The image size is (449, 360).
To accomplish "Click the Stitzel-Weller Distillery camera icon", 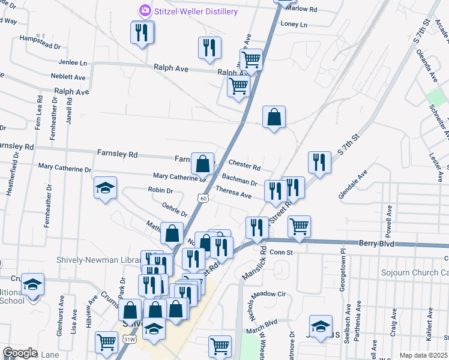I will (x=145, y=11).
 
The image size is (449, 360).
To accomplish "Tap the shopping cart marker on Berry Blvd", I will (x=299, y=226).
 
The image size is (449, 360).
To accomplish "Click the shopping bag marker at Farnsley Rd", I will (x=203, y=163).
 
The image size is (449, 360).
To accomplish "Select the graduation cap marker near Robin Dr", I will (x=105, y=189).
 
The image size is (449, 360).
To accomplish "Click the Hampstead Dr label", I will (x=40, y=46).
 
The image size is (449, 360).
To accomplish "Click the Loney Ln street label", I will (x=294, y=25).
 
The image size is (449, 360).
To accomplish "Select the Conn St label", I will (x=280, y=253).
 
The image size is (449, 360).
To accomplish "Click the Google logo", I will (x=20, y=353).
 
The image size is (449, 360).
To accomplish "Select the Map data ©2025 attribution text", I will (x=423, y=355).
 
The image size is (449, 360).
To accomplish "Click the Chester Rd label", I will (x=244, y=166).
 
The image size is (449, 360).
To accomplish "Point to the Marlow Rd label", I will (x=301, y=9).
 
